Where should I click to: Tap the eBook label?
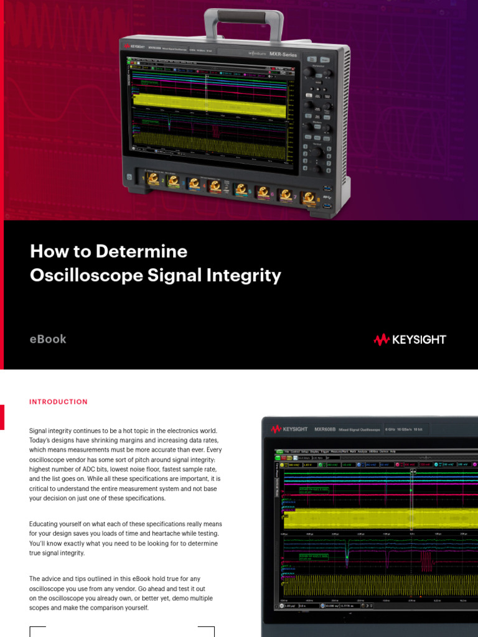pyautogui.click(x=48, y=339)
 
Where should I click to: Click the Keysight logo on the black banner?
pyautogui.click(x=410, y=340)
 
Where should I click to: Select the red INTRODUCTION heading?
pyautogui.click(x=59, y=402)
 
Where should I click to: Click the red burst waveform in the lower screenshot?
pyautogui.click(x=426, y=562)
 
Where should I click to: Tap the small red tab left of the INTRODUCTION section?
pyautogui.click(x=2, y=417)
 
